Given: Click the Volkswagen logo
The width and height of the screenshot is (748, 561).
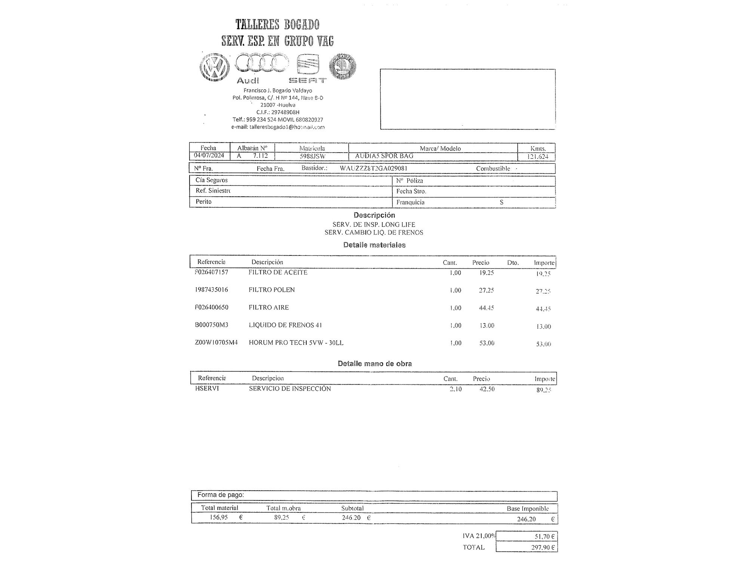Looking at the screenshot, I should click(x=214, y=68).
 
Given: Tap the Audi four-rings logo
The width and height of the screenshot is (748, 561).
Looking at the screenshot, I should click(x=261, y=63).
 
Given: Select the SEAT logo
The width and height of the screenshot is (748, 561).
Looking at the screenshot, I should click(x=308, y=65).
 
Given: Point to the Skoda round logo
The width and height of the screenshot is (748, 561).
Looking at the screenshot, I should click(x=342, y=66).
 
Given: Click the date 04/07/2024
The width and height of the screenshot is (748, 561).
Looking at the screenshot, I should click(x=209, y=156).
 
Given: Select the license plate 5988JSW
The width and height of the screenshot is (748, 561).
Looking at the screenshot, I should click(x=312, y=156).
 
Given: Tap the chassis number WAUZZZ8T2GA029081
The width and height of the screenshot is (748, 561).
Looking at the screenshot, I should click(x=373, y=168).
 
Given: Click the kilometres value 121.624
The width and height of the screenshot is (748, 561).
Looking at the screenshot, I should click(x=537, y=156).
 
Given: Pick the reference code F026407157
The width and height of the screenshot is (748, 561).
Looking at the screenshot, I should click(x=211, y=272).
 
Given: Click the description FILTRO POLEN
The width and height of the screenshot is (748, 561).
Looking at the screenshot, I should click(x=272, y=290).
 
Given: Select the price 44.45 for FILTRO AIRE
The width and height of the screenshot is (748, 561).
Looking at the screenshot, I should click(x=486, y=308).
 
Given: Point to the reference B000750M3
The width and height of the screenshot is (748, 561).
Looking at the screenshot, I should click(x=211, y=325).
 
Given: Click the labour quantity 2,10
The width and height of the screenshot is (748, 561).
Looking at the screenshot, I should click(x=456, y=389).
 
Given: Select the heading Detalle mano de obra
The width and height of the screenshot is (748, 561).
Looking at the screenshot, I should click(x=375, y=364).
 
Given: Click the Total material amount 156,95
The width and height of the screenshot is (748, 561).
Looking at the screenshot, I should click(x=219, y=518).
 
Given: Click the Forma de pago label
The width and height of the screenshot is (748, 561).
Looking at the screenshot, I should click(x=221, y=495).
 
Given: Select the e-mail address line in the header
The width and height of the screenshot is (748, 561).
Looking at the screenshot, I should click(x=278, y=127).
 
